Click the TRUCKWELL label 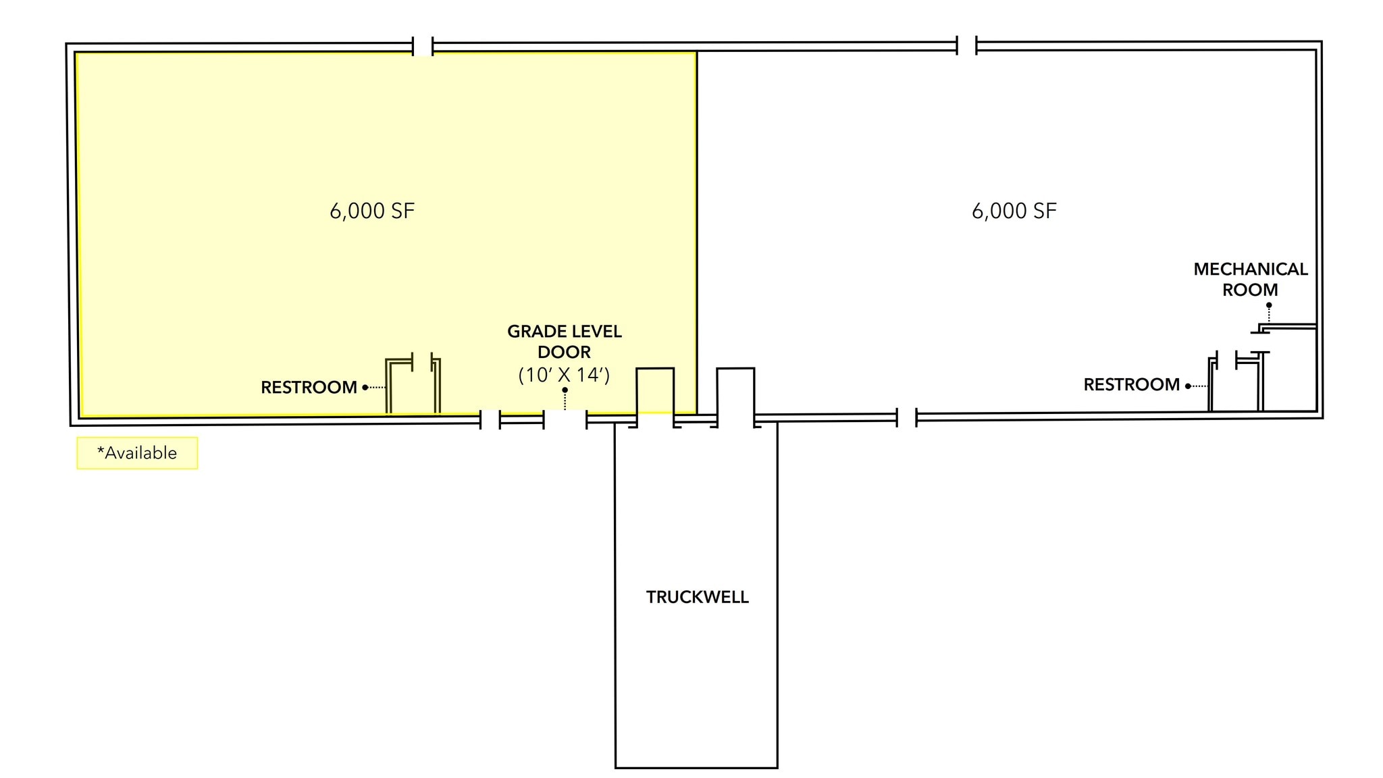tap(697, 597)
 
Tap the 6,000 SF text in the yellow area tap(371, 211)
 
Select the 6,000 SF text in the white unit tap(1014, 211)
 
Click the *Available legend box tap(137, 453)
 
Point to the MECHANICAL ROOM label tap(1250, 280)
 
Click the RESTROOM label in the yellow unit tap(309, 388)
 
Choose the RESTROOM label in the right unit tap(1131, 385)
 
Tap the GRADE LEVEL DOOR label tap(565, 342)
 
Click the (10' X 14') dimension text tap(564, 375)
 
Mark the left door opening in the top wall tap(423, 47)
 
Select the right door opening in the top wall tap(966, 46)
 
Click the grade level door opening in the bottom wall tap(565, 420)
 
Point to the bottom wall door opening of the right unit tap(906, 417)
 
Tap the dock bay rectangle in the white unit tap(735, 393)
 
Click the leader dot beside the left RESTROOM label tap(365, 388)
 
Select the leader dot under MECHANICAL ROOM tap(1269, 305)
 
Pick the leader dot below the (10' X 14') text tap(565, 390)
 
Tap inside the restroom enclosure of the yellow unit tap(413, 390)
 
